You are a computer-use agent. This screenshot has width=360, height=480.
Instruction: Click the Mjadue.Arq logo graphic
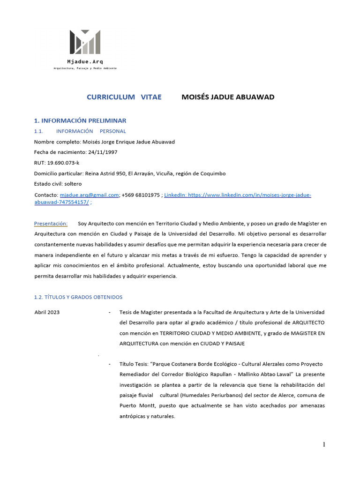click(x=85, y=42)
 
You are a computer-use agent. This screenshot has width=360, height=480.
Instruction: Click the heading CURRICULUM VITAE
click(x=124, y=97)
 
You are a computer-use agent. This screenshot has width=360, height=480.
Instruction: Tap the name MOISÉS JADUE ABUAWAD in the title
click(x=228, y=97)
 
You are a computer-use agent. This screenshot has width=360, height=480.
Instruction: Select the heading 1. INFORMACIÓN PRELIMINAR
click(x=80, y=120)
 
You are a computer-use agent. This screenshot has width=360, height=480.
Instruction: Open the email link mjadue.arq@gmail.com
click(x=89, y=195)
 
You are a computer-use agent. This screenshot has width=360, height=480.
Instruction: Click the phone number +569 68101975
click(x=141, y=195)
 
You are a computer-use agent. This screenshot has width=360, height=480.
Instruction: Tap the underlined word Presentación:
click(x=51, y=223)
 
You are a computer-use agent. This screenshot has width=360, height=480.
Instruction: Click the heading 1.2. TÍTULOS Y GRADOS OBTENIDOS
click(x=78, y=297)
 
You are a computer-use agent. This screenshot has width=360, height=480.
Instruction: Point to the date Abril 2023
click(x=47, y=312)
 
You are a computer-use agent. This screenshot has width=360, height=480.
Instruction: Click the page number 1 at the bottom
click(x=323, y=444)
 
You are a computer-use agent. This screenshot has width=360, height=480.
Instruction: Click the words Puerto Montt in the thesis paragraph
click(x=136, y=405)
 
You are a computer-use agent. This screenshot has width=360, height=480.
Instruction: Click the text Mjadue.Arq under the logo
click(x=85, y=62)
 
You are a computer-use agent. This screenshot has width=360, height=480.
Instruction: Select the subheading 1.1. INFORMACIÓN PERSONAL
click(x=80, y=131)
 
